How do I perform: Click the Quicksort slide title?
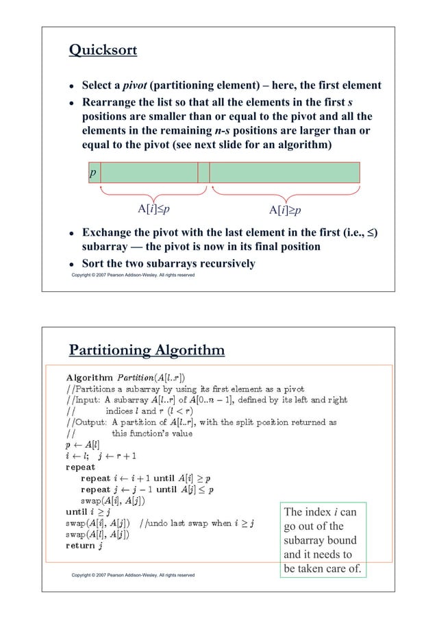(103, 51)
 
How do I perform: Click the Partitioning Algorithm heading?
(147, 351)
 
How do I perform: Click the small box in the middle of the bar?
(203, 173)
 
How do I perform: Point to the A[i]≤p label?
(156, 209)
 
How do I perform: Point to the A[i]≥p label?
(286, 210)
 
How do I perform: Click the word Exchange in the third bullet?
(108, 233)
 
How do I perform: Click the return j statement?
(84, 546)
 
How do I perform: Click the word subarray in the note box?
(305, 541)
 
